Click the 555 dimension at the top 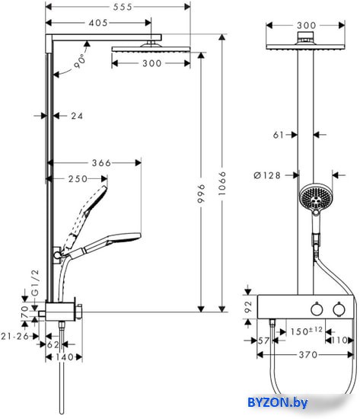[123, 7]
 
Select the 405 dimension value [98, 23]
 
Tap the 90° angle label [80, 62]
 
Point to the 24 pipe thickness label [77, 116]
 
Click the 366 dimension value [101, 163]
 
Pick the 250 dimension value [78, 179]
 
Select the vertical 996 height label [202, 193]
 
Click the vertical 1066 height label [222, 184]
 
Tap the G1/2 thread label [35, 283]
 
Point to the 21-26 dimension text [15, 336]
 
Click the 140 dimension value [65, 357]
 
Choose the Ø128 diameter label [267, 175]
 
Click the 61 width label [279, 135]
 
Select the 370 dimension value [308, 355]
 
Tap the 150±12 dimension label [307, 331]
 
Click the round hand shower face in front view [315, 198]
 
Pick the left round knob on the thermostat [317, 309]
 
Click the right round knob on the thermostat [339, 309]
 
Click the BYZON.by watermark [278, 402]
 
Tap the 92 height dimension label [248, 307]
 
